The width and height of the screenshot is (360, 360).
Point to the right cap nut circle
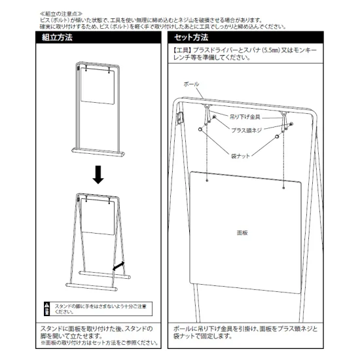point(277,138)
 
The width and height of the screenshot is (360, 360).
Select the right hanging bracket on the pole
point(285,115)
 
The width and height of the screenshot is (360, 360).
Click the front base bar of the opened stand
point(92,286)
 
